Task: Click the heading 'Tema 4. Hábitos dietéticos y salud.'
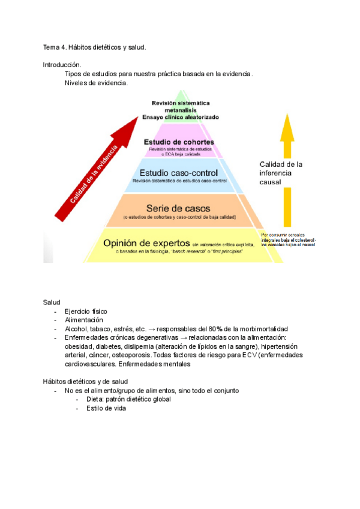(x=94, y=47)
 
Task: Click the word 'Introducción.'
(x=62, y=65)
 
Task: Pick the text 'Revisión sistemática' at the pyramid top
(x=180, y=103)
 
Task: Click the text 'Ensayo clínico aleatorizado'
(x=180, y=117)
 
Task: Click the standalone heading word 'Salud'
(x=51, y=301)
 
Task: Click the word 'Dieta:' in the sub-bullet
(x=96, y=399)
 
